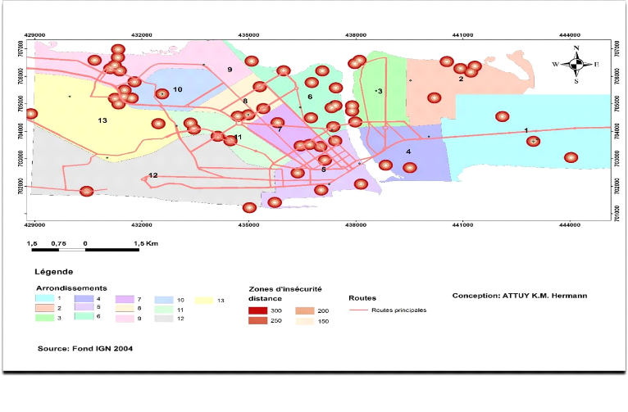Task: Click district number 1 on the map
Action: coord(526,130)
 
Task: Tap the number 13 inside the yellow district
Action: coord(102,121)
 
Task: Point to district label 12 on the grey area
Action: coord(152,175)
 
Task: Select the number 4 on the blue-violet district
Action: coord(408,152)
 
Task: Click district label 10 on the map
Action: coord(177,89)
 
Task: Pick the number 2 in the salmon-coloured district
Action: coord(462,79)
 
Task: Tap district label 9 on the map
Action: coord(230,70)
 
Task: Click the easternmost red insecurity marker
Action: coord(571,157)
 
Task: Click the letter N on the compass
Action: coord(576,48)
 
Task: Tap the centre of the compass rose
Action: coord(576,64)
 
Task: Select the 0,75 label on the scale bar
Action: coord(58,243)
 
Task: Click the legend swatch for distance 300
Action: coord(259,310)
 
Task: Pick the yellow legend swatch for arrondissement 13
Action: coord(205,300)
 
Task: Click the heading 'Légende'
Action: coord(53,271)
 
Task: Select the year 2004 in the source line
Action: coord(121,349)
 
